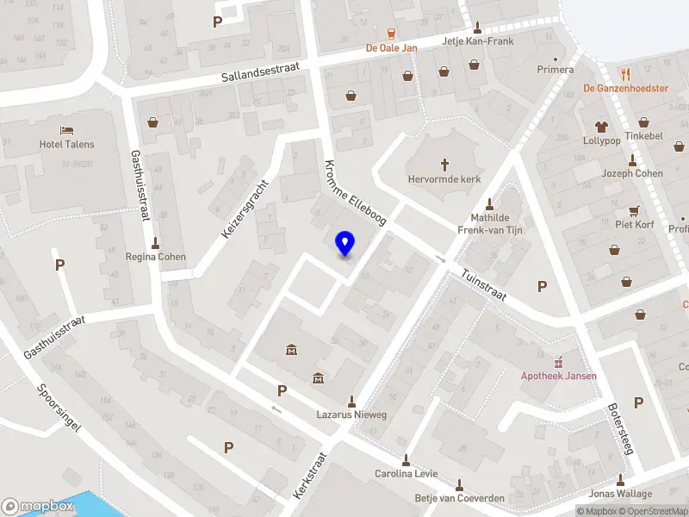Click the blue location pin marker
coord(345,244)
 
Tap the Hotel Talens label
coord(67,145)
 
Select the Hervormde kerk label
coord(444,179)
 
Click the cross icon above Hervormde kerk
coord(445,164)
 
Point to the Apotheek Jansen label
coord(558,376)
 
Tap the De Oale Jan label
coord(391,48)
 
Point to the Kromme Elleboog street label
coord(355,193)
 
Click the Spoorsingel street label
coord(59,411)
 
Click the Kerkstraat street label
coord(311,476)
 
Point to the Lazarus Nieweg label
coord(351,415)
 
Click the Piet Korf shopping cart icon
coord(635,210)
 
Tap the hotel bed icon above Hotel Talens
coord(67,130)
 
